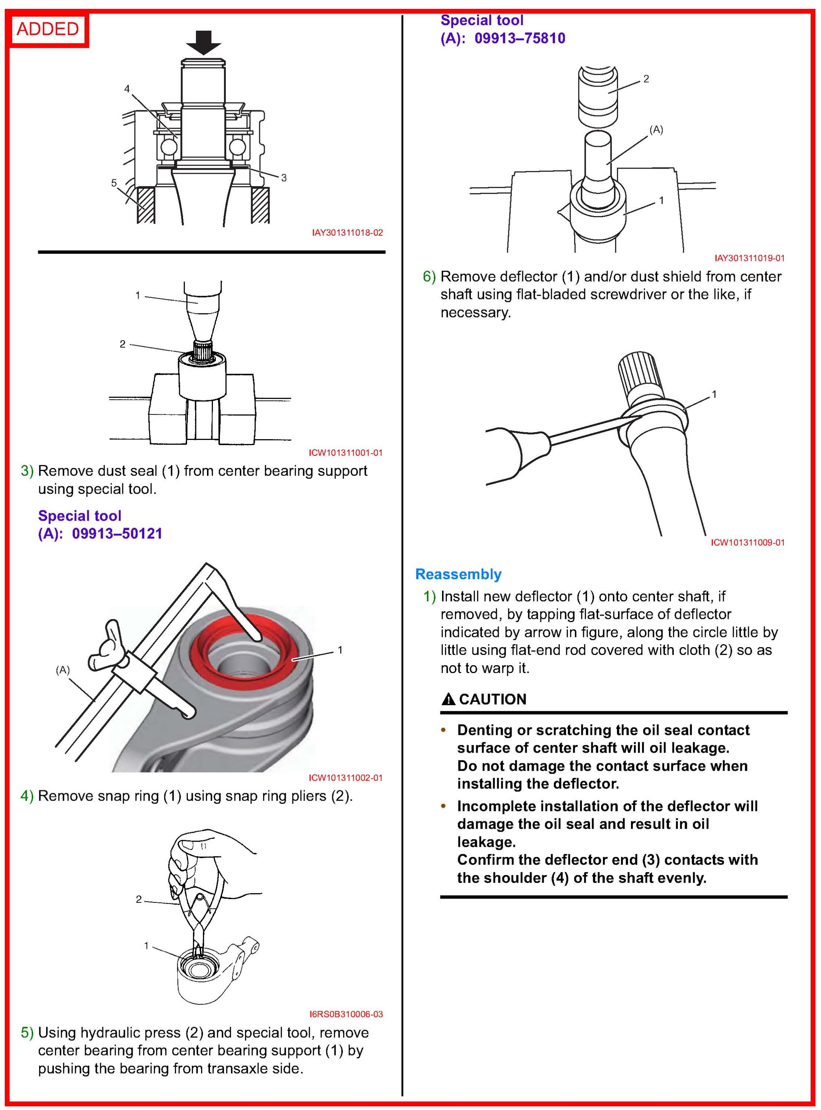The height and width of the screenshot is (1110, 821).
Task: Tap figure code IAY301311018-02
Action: [347, 233]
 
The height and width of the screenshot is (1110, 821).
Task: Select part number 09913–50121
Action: [117, 534]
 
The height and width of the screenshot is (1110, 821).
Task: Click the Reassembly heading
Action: [458, 574]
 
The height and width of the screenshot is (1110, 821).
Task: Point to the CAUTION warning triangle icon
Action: [448, 699]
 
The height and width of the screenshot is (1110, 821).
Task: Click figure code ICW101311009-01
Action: [747, 542]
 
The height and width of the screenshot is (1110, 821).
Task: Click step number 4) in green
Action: [27, 796]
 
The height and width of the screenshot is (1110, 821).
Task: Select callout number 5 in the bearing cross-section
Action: [114, 183]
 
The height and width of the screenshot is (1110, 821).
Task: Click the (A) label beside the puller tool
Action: [62, 670]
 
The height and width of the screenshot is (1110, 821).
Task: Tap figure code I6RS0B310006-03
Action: [346, 1014]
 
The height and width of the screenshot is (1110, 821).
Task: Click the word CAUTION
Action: [492, 699]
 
